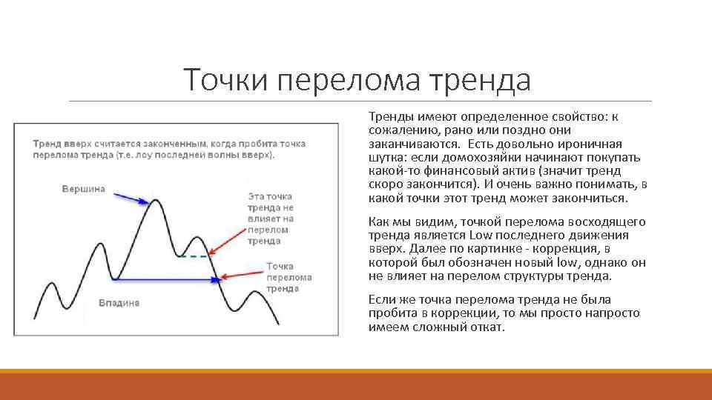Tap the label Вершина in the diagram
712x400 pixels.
coord(83,189)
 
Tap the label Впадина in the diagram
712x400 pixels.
coord(119,303)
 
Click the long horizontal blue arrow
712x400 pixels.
coord(167,279)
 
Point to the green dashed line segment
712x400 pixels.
coord(194,256)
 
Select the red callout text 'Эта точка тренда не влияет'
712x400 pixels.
coord(271,219)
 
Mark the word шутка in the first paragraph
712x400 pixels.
coord(386,158)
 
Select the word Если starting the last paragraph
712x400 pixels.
coord(381,299)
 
